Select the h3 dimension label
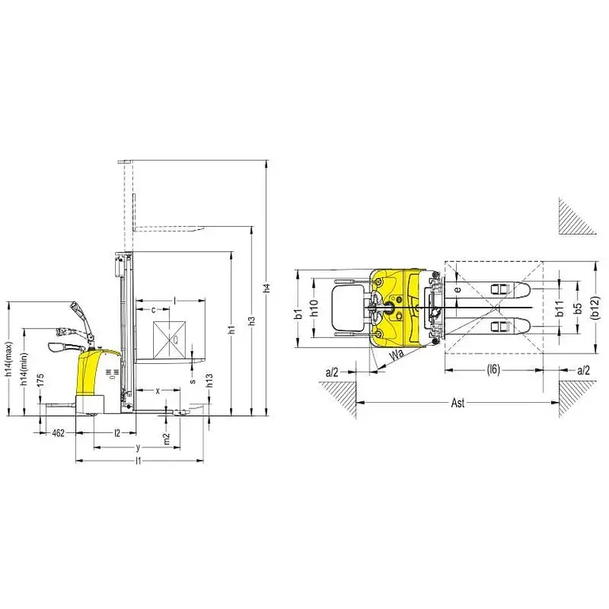coord(252,321)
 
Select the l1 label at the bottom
coord(138,460)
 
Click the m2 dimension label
coord(166,438)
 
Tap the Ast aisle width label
coord(458,404)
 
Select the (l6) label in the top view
coord(493,370)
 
